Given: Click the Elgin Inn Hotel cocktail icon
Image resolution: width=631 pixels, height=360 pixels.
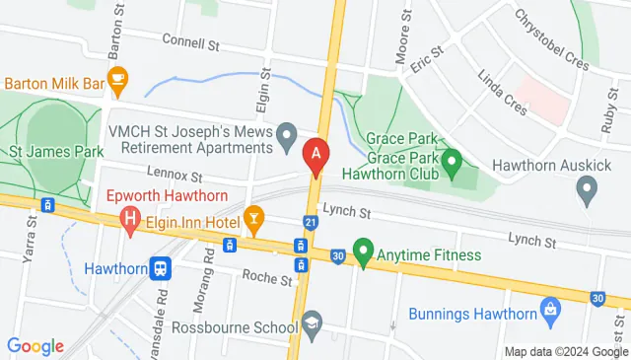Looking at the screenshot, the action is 253,217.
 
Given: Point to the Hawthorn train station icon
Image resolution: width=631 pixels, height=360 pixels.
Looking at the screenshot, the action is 160,267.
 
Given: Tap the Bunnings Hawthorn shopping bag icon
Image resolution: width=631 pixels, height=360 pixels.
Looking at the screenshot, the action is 550,315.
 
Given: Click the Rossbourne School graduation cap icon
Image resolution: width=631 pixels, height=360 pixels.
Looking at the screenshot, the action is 312,323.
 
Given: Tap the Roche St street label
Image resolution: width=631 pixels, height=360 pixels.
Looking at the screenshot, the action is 272,280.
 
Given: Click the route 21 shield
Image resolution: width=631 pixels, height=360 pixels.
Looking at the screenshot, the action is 311,224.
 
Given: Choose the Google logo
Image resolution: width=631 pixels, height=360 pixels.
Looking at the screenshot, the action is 35,345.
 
